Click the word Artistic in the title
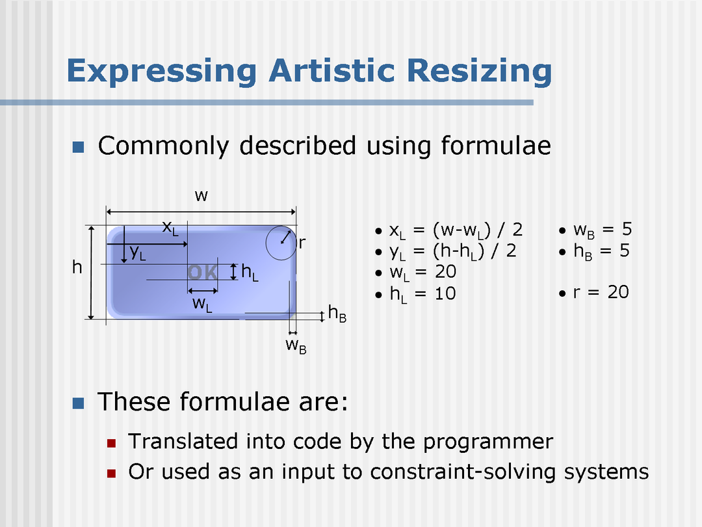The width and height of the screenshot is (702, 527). (331, 70)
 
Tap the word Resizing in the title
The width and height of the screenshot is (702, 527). (480, 72)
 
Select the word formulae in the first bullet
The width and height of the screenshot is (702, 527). (496, 146)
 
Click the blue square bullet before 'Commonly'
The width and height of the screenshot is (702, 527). (79, 146)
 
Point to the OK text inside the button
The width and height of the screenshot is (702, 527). (203, 273)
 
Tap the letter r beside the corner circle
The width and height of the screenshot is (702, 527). (302, 243)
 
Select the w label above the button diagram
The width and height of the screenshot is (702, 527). (201, 196)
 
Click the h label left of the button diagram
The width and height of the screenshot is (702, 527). (77, 267)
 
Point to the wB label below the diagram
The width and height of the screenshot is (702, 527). (296, 346)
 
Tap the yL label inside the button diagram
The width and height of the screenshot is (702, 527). (138, 252)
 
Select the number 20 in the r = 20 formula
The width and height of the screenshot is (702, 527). (618, 292)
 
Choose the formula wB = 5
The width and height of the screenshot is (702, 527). (602, 230)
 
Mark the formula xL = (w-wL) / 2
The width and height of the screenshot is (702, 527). (456, 231)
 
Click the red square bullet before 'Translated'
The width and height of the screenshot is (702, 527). (112, 443)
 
